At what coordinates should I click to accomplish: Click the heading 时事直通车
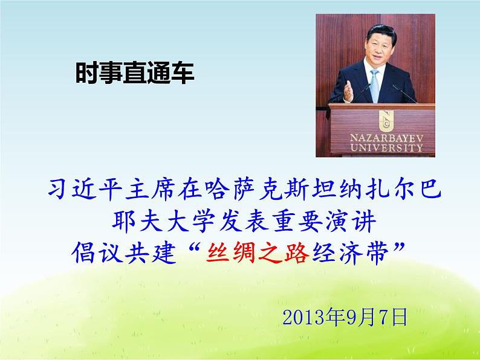(134, 74)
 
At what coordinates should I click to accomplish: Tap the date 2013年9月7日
(345, 317)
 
